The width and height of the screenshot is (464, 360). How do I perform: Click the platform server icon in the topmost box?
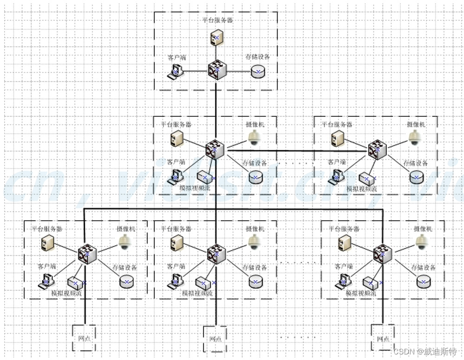coord(216,38)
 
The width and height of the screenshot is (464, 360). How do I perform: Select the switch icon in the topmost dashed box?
coord(217,71)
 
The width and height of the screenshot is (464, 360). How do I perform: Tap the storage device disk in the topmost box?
coord(258,71)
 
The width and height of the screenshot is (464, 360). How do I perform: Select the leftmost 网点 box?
coord(84,337)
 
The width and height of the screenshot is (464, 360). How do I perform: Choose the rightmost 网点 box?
coord(383,337)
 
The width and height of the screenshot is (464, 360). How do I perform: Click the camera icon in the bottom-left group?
coord(124,242)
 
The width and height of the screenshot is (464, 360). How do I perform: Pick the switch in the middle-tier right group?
coord(377,149)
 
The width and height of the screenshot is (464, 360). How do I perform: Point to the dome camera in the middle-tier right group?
coord(414,138)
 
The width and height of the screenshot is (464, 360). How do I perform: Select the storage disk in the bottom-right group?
coord(423,281)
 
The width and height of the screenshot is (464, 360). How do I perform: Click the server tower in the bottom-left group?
coord(47,243)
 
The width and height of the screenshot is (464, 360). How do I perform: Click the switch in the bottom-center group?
coord(216,253)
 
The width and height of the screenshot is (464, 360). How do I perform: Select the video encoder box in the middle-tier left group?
coord(205,177)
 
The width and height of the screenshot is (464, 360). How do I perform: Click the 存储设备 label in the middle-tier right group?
coord(415,163)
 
